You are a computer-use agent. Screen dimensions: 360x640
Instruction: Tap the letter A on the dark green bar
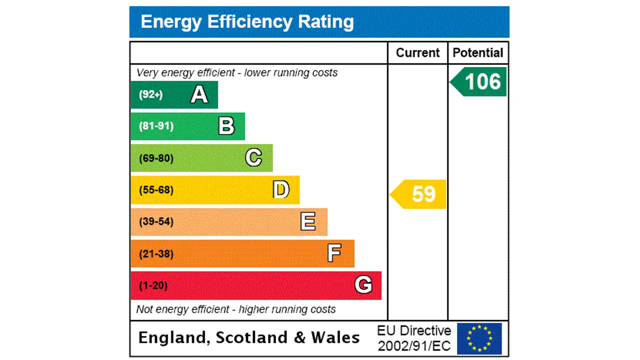click(199, 94)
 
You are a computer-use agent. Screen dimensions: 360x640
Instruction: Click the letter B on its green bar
click(226, 126)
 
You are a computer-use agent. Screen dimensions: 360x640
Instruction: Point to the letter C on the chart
click(253, 158)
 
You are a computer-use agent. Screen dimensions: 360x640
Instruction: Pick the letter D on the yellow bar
click(281, 190)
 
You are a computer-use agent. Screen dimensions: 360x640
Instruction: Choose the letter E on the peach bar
click(308, 221)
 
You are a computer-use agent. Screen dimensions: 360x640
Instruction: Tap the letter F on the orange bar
click(334, 253)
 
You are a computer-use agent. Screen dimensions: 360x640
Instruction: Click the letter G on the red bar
click(363, 285)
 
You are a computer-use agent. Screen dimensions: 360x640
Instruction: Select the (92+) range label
click(151, 94)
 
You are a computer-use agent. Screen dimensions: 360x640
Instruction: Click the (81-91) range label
click(156, 126)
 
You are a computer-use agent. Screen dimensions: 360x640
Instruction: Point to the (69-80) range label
click(156, 158)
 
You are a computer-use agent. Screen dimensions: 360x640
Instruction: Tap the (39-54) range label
click(156, 221)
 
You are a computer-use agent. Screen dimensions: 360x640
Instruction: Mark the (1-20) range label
click(153, 285)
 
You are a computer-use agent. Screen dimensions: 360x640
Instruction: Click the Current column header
click(417, 53)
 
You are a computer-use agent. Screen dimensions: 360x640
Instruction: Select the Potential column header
click(478, 53)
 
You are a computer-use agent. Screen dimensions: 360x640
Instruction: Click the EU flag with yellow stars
click(479, 338)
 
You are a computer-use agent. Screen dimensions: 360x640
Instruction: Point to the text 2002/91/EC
click(414, 346)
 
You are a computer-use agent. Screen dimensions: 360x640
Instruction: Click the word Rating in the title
click(326, 22)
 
